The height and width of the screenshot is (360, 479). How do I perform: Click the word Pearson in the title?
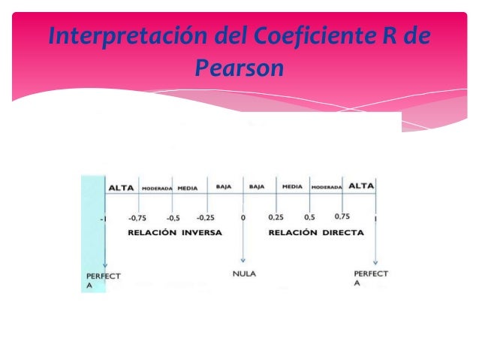239,69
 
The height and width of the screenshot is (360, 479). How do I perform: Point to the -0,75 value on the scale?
137,218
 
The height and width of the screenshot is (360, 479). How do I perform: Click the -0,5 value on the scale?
173,218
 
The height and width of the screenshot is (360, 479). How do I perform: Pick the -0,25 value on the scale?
206,218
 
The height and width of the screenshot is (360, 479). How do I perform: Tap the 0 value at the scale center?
243,218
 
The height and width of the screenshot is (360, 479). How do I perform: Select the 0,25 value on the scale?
276,217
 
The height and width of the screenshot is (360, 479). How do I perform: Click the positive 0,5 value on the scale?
309,217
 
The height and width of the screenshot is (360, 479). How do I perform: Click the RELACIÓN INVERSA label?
175,233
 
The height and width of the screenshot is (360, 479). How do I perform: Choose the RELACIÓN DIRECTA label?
316,233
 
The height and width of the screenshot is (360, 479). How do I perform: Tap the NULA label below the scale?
243,274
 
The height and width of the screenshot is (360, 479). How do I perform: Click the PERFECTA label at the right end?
371,278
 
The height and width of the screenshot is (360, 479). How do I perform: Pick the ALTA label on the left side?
122,188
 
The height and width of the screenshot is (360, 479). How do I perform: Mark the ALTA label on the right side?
361,186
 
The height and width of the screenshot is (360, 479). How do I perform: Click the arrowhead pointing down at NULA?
243,260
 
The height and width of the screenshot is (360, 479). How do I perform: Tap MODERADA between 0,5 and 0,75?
327,187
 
